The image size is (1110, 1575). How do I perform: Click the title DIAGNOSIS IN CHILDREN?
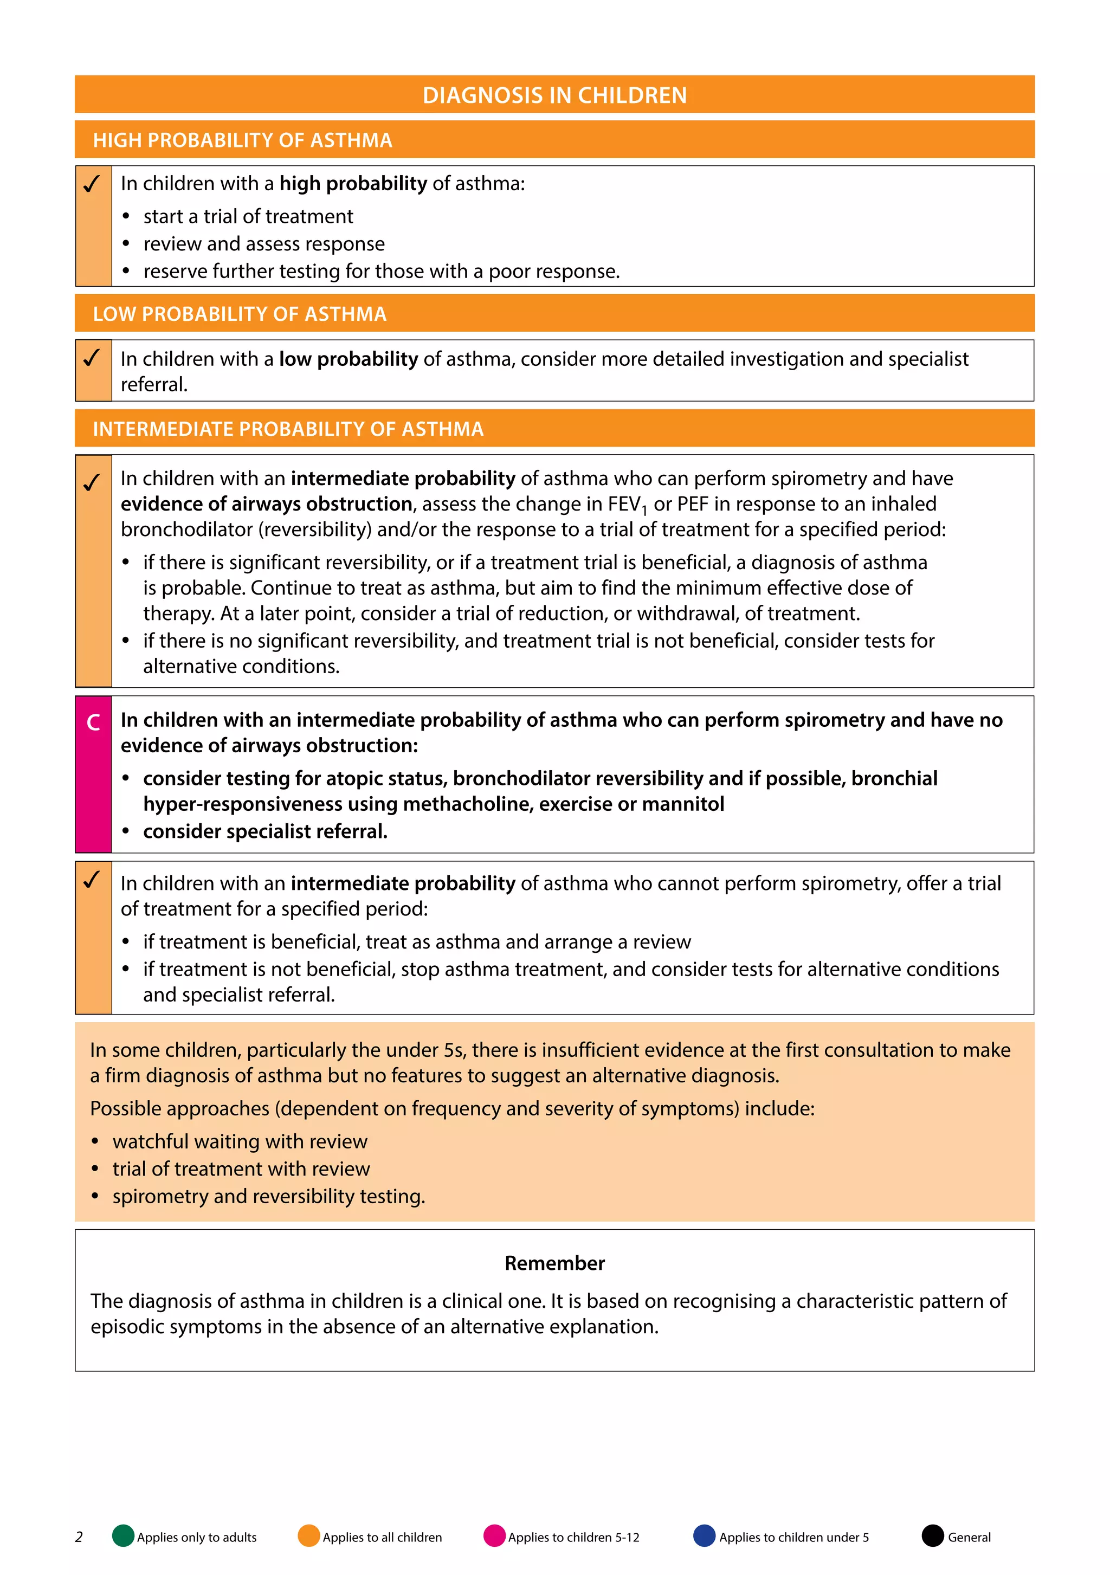pos(554,95)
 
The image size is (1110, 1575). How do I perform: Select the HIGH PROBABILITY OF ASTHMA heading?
pos(242,140)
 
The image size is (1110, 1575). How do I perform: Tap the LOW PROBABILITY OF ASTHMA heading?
pos(240,314)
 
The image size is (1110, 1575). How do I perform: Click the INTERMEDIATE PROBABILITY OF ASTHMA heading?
pos(288,429)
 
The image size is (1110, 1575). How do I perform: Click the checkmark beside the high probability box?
pos(92,184)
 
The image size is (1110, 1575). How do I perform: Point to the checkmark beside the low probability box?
pos(92,358)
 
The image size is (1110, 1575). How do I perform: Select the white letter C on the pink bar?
pos(93,722)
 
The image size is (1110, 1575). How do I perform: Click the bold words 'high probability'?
pos(353,184)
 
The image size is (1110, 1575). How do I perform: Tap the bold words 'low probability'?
pos(348,359)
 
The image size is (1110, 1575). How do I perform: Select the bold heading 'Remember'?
pos(554,1263)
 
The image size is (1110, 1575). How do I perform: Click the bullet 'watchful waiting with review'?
pos(240,1141)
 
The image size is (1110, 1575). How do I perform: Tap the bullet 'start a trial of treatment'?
pos(248,217)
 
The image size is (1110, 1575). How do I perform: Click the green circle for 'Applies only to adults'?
pos(123,1536)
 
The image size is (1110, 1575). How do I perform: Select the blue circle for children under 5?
pos(704,1536)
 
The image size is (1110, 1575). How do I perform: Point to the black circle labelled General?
pos(932,1536)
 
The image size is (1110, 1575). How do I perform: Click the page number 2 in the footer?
pos(79,1537)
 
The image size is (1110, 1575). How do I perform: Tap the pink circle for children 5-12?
pos(494,1536)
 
